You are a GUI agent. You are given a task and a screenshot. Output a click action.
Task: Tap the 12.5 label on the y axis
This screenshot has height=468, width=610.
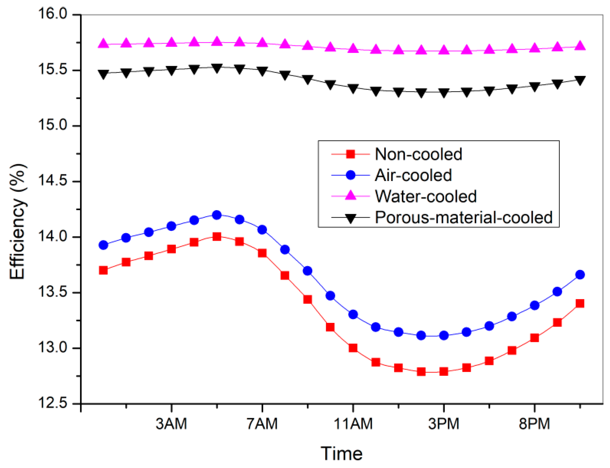pyautogui.click(x=52, y=403)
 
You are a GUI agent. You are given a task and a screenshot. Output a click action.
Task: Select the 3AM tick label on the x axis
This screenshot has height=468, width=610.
pyautogui.click(x=171, y=424)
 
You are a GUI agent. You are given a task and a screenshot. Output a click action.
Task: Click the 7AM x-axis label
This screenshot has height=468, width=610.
pyautogui.click(x=262, y=424)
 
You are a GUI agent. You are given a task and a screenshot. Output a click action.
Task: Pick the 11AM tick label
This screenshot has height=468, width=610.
pyautogui.click(x=353, y=424)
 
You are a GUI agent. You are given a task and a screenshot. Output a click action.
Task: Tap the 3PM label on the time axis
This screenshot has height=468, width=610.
pyautogui.click(x=443, y=424)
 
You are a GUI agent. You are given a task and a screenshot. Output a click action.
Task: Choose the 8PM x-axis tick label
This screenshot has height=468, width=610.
pyautogui.click(x=534, y=424)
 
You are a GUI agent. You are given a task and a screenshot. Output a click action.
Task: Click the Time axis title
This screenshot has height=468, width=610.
pyautogui.click(x=342, y=454)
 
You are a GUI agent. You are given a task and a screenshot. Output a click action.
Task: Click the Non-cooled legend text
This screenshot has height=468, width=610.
pyautogui.click(x=418, y=154)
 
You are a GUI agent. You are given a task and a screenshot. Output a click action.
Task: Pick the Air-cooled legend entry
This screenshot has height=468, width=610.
pyautogui.click(x=413, y=175)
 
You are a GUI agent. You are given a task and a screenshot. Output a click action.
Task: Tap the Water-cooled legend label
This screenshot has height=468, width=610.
pyautogui.click(x=426, y=196)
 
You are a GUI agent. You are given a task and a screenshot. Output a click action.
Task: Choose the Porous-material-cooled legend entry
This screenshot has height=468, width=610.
pyautogui.click(x=463, y=217)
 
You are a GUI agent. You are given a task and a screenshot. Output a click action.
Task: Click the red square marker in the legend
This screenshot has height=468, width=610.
pyautogui.click(x=350, y=154)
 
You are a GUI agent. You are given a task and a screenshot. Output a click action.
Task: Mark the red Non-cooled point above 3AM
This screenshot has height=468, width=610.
pyautogui.click(x=171, y=249)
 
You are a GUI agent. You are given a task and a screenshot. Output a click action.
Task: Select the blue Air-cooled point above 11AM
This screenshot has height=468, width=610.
pyautogui.click(x=353, y=315)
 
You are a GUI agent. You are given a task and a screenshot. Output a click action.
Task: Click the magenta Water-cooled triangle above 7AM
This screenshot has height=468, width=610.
pyautogui.click(x=262, y=43)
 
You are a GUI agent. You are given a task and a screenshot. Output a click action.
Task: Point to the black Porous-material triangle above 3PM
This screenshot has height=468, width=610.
pyautogui.click(x=444, y=93)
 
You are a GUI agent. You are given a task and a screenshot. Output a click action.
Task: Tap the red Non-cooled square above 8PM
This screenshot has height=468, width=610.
pyautogui.click(x=535, y=338)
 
